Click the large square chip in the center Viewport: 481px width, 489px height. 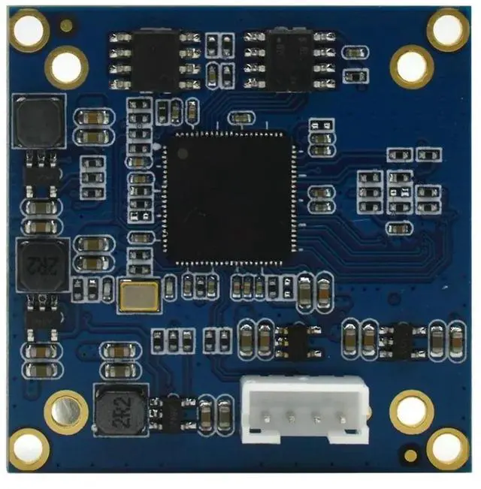point(227,198)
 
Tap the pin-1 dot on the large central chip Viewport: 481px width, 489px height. point(181,152)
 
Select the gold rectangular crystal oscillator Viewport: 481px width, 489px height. point(138,295)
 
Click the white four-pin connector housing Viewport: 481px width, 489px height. point(305,408)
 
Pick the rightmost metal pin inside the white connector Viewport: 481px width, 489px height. point(342,421)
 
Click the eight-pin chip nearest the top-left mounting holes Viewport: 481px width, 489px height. point(153,60)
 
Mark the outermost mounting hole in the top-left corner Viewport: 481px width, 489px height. point(29,29)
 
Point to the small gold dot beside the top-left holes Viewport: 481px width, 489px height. point(68,27)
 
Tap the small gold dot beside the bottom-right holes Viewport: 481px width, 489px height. point(409,454)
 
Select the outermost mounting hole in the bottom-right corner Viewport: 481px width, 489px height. point(447,448)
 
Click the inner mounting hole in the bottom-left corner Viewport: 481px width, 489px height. point(66,411)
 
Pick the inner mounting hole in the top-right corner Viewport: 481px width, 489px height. point(412,66)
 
